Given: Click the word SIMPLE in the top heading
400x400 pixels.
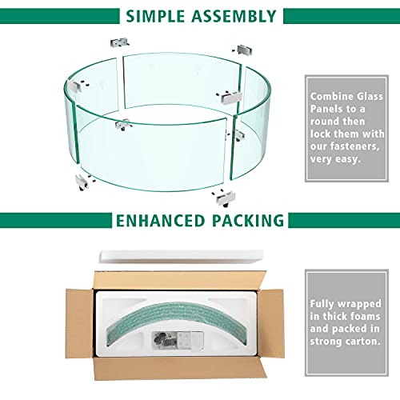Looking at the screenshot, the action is click(155, 16).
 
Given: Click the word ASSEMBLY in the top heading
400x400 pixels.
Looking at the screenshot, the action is click(234, 16).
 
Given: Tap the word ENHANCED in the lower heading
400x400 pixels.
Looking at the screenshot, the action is click(160, 221).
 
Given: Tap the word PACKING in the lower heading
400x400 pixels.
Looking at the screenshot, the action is click(248, 221).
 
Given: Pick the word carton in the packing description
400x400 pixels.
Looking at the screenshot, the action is click(362, 341).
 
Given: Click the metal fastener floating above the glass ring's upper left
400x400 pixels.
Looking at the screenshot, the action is click(120, 42).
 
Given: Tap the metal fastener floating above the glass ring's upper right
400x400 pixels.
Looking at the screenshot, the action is click(243, 50).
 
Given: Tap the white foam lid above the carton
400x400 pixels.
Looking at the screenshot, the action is click(182, 257).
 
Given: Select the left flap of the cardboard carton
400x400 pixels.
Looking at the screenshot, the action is click(80, 324).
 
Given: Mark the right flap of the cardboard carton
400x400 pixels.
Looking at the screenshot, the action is click(271, 324).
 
